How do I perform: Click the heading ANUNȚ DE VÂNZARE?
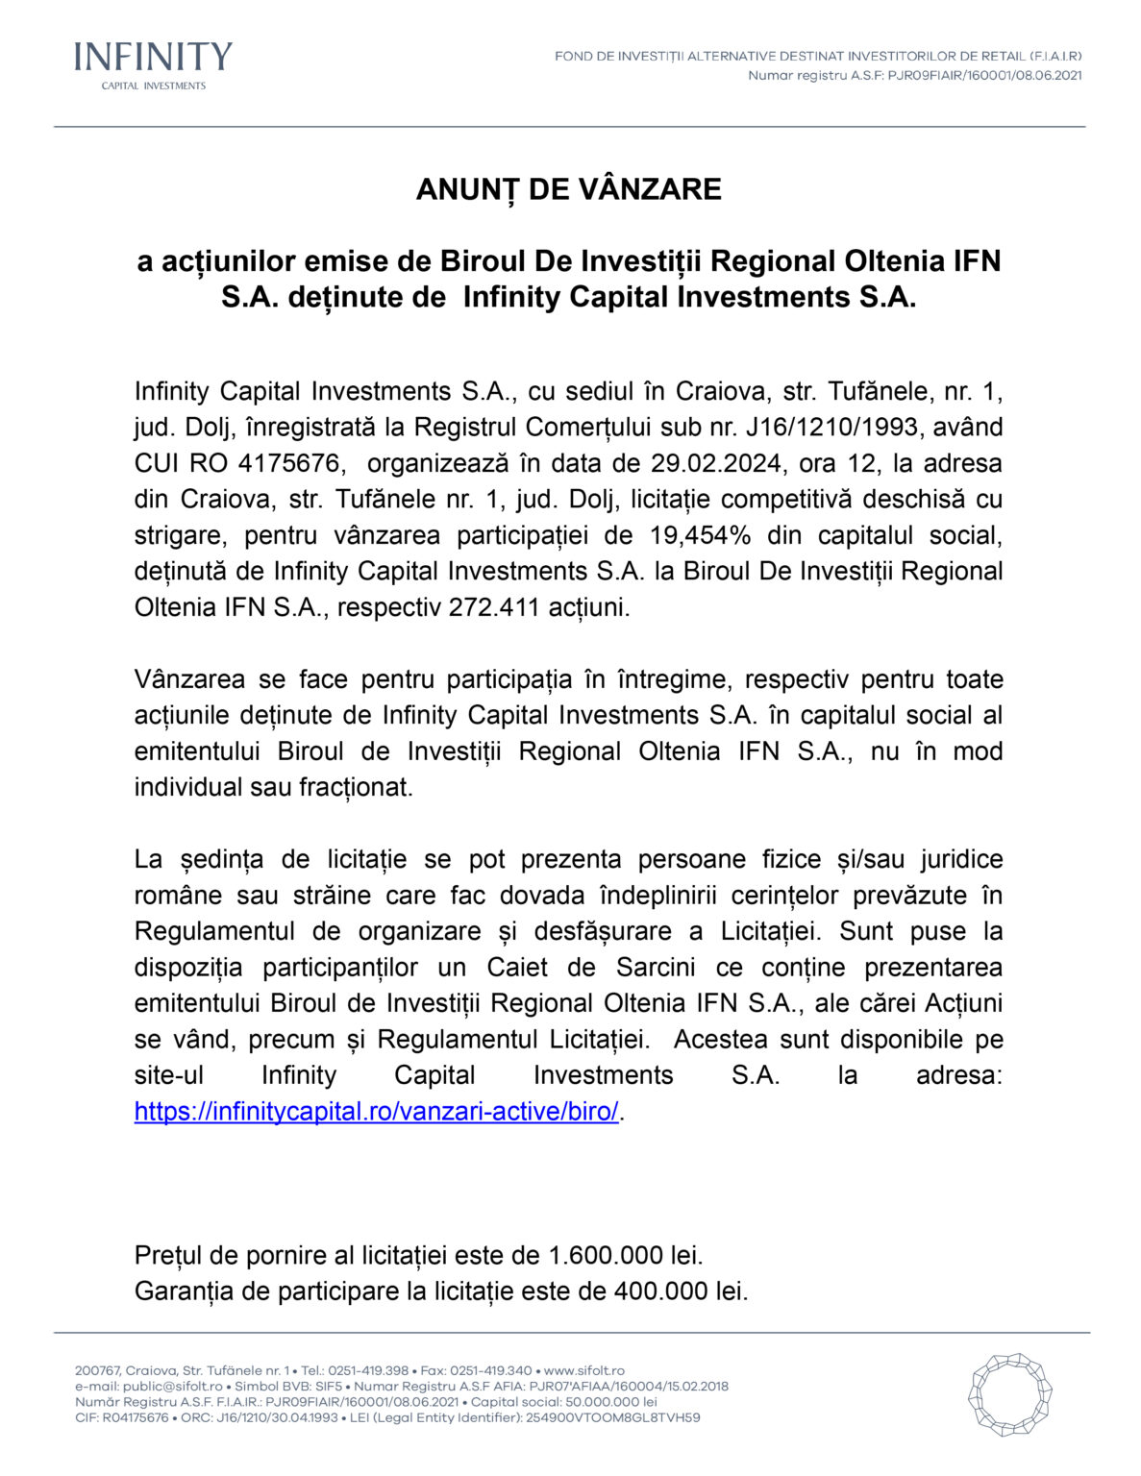click(x=569, y=189)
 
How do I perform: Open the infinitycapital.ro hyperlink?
click(x=376, y=1112)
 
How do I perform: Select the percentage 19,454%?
click(x=701, y=535)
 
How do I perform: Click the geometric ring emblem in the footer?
click(x=1009, y=1394)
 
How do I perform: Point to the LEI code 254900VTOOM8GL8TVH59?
click(x=612, y=1417)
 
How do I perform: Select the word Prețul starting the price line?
click(x=168, y=1255)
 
